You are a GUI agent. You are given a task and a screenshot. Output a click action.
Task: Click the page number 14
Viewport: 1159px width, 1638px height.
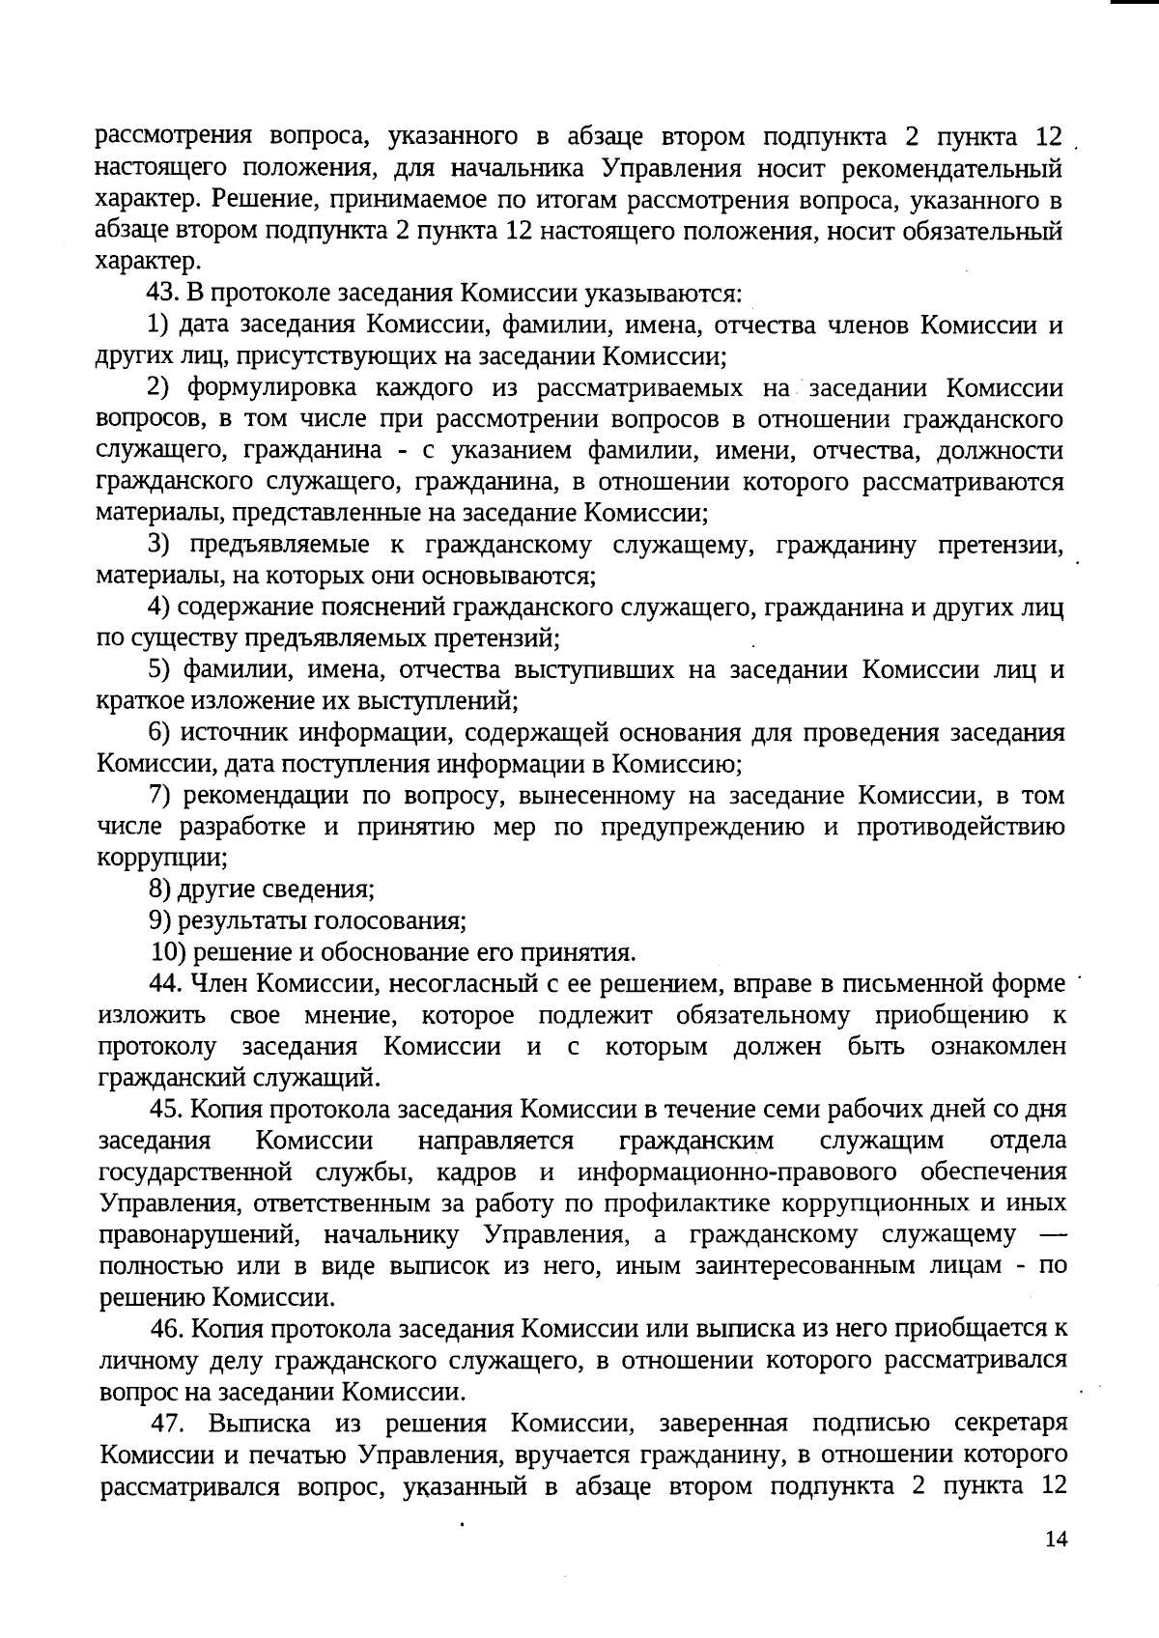pyautogui.click(x=1057, y=1539)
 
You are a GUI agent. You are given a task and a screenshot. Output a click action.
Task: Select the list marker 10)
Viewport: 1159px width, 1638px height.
pyautogui.click(x=170, y=952)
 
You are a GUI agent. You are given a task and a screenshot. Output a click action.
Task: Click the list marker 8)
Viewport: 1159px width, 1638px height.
pyautogui.click(x=160, y=890)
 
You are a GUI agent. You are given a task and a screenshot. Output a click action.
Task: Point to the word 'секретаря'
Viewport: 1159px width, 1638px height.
pyautogui.click(x=1009, y=1424)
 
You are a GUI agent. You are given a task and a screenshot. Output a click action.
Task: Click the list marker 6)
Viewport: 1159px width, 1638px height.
pyautogui.click(x=160, y=733)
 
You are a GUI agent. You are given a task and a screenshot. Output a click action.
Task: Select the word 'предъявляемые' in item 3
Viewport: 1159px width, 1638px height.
pyautogui.click(x=279, y=545)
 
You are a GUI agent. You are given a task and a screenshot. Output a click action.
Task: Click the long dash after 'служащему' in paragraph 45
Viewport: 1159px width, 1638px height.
pyautogui.click(x=1052, y=1235)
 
